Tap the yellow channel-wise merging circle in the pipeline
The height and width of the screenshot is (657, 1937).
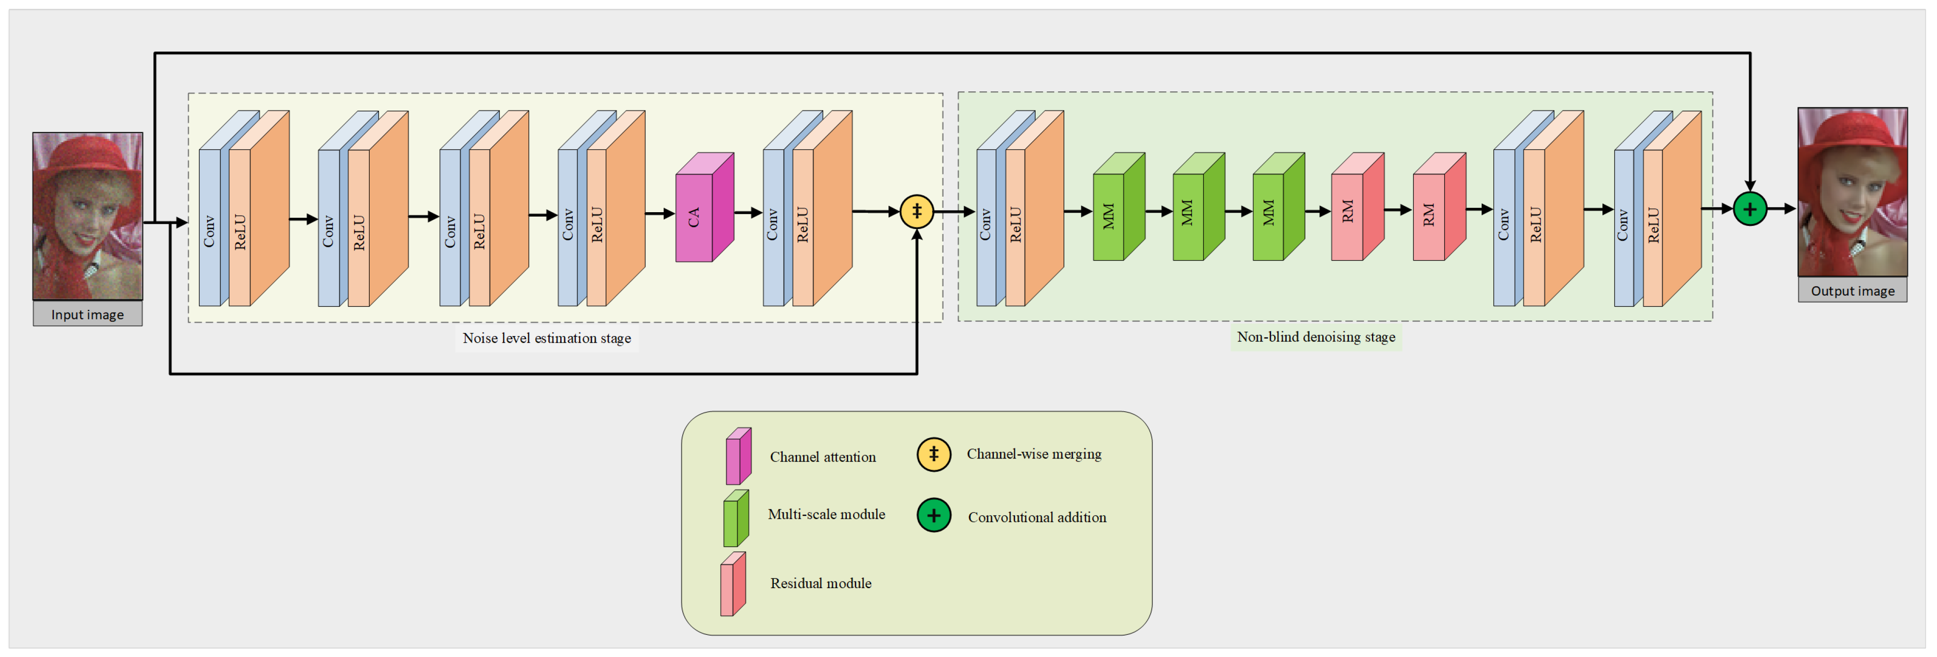[917, 211]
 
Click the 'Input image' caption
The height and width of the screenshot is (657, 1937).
[87, 314]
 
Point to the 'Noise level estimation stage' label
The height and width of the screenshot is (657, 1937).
[546, 338]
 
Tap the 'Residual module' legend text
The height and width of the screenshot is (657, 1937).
[821, 583]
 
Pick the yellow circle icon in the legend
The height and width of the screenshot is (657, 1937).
[933, 455]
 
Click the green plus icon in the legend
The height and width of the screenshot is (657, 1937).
[933, 516]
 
